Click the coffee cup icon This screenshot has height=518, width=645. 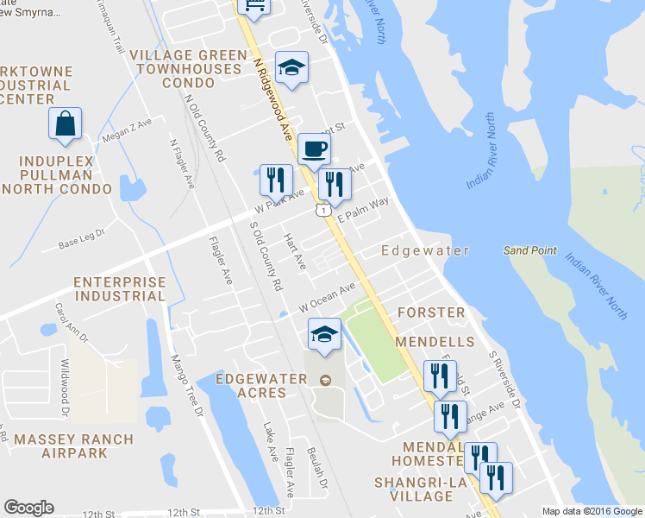pos(314,148)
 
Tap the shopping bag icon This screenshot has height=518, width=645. pos(66,123)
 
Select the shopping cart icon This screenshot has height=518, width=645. pos(254,4)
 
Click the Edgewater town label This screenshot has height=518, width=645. pos(426,251)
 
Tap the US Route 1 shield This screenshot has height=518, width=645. pos(322,210)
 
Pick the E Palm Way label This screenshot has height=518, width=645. pos(363,210)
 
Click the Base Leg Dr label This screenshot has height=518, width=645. pos(81,238)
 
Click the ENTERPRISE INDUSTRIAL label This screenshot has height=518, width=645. pos(119,289)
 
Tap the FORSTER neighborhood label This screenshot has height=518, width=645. pos(430,312)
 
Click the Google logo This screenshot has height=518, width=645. pos(28,508)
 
